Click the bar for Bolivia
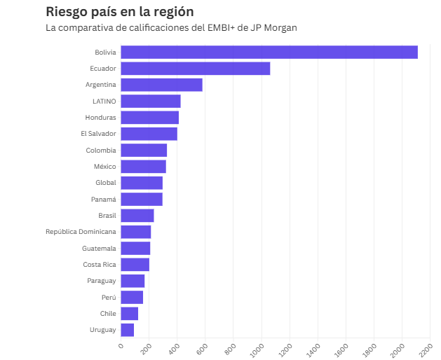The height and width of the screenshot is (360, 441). (x=269, y=53)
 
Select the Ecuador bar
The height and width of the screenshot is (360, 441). (x=196, y=69)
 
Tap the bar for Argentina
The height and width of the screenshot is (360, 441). (x=162, y=85)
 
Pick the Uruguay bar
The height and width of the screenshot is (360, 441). (x=128, y=330)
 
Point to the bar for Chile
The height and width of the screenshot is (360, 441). (x=130, y=314)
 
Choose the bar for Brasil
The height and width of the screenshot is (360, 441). (x=137, y=216)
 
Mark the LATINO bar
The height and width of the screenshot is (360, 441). (x=151, y=101)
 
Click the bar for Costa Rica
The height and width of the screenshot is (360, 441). (x=135, y=265)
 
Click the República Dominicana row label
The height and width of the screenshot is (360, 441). (x=81, y=232)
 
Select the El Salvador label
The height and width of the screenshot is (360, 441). (x=98, y=134)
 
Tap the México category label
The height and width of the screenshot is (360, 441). (x=105, y=167)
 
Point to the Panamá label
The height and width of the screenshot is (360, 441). (x=104, y=199)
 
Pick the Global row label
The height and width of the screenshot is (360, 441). (x=106, y=183)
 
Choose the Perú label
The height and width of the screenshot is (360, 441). (x=109, y=297)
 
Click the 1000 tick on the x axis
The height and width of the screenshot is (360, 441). (x=257, y=350)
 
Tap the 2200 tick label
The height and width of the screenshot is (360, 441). (x=426, y=350)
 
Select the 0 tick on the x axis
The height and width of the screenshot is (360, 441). (x=121, y=346)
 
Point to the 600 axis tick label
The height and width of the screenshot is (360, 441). (x=202, y=349)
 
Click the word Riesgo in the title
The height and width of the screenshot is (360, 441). (x=67, y=13)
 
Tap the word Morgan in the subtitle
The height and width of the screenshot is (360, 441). (x=280, y=28)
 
